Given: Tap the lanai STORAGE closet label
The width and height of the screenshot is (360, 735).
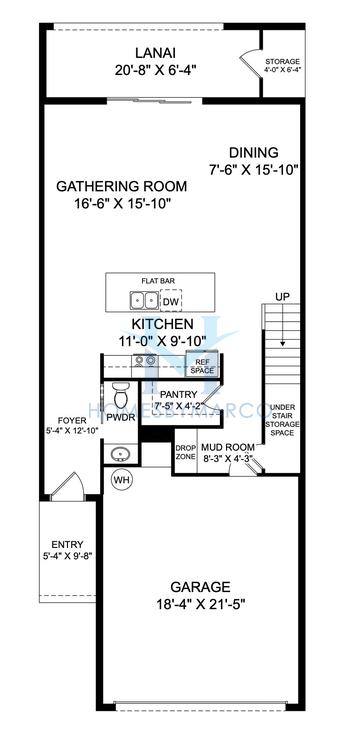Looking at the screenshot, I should click(x=282, y=62).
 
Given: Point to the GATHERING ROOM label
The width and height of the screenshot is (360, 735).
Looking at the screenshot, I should click(x=114, y=186).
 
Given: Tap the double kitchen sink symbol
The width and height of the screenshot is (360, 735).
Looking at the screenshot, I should click(x=142, y=300).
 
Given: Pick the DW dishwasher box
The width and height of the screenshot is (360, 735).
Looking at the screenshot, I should click(x=171, y=300).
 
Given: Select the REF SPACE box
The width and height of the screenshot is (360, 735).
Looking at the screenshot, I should click(x=203, y=367).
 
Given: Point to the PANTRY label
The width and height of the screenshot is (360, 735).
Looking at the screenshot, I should click(x=176, y=394).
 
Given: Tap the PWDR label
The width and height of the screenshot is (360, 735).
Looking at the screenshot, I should click(x=121, y=416).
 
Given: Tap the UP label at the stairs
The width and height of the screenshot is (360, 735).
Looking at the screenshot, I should click(x=283, y=297).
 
